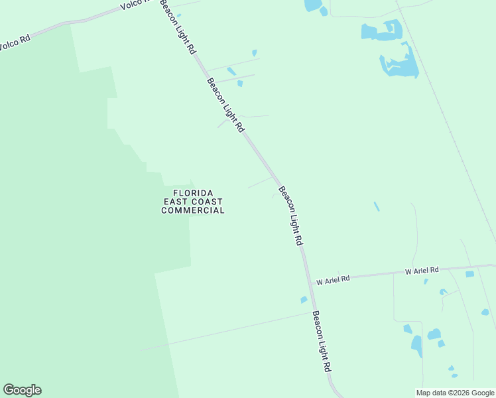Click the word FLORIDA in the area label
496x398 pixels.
pos(193,192)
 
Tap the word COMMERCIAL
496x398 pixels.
pos(193,210)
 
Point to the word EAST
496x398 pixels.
pos(174,202)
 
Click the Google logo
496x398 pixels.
pos(22,390)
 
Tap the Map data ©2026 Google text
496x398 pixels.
pos(456,393)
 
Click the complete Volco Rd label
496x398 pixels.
pos(15,40)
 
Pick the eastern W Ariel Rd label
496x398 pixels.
pos(422,271)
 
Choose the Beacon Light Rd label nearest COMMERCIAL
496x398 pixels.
pos(290,216)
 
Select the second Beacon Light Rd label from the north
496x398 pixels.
pos(225,105)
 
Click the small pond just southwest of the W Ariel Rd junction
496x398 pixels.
pos(304,300)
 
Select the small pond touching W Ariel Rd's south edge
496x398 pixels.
pos(469,274)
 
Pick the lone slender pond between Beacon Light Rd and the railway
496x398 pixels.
pos(377,206)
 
